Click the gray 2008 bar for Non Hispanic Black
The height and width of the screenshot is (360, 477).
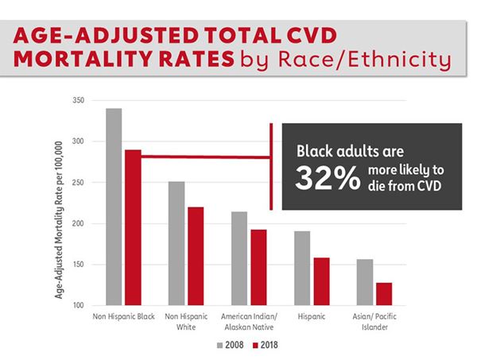click(x=114, y=207)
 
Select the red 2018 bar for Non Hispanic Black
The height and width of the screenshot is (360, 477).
click(x=132, y=227)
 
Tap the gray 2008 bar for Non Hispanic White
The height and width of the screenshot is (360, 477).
click(x=176, y=243)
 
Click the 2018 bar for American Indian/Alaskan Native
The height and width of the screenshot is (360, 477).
click(x=258, y=267)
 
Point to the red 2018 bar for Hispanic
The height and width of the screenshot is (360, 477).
click(x=320, y=281)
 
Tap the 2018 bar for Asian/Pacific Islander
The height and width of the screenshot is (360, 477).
click(x=383, y=293)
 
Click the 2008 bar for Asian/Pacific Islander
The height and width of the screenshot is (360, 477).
click(x=365, y=282)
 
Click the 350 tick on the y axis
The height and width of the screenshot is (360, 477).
click(x=77, y=101)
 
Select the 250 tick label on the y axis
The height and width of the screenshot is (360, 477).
click(x=77, y=183)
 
